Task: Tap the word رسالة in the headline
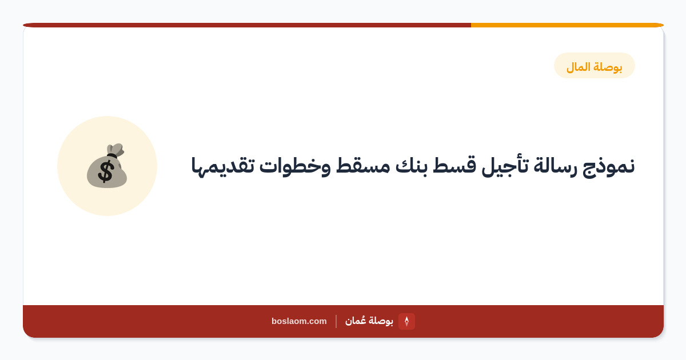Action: pyautogui.click(x=554, y=166)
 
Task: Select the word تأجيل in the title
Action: pyautogui.click(x=505, y=166)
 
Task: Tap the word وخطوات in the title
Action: pyautogui.click(x=295, y=166)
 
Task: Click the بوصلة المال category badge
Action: pyautogui.click(x=595, y=66)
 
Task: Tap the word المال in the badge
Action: pyautogui.click(x=579, y=67)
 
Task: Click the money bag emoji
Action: pyautogui.click(x=107, y=166)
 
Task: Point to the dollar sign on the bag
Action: pyautogui.click(x=106, y=171)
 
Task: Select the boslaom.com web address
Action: pyautogui.click(x=299, y=321)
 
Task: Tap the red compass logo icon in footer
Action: pyautogui.click(x=406, y=321)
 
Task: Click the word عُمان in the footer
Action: pyautogui.click(x=355, y=321)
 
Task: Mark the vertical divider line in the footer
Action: pyautogui.click(x=336, y=321)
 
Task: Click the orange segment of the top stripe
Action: pyautogui.click(x=567, y=25)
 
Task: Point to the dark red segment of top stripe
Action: pyautogui.click(x=247, y=25)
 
